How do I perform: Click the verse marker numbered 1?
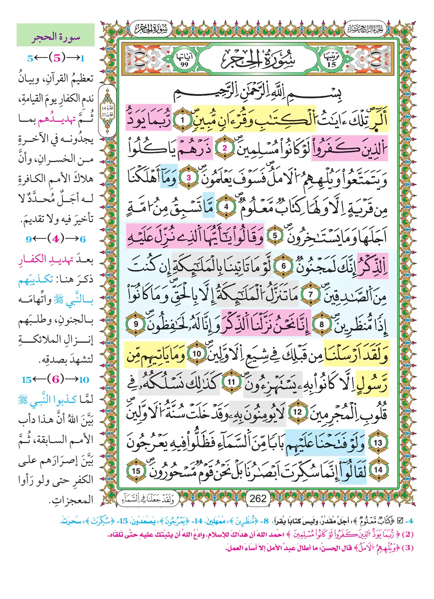pos(183,120)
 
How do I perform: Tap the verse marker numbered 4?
pos(227,206)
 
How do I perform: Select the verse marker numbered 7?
pos(310,294)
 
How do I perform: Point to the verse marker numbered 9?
pos(136,323)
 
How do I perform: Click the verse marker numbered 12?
pos(297,412)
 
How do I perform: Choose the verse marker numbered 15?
pos(136,471)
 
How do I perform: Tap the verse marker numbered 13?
pos(378,442)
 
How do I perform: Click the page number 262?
pos(258,498)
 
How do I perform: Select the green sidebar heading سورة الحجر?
pos(56,38)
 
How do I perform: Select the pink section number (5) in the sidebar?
pos(57,58)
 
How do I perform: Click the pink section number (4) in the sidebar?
pos(56,239)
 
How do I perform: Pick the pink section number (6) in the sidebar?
pos(56,379)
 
